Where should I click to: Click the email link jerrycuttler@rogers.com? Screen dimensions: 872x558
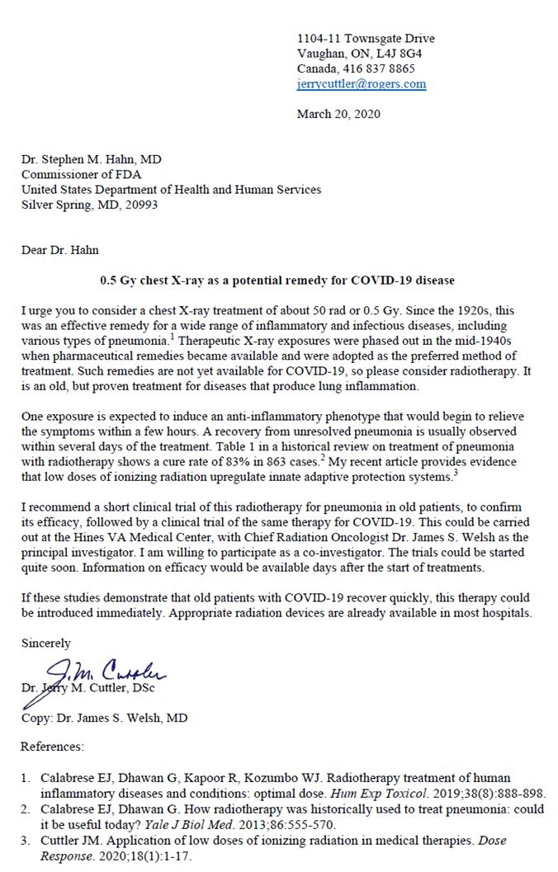(x=361, y=84)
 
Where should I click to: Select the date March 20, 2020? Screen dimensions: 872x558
(x=338, y=115)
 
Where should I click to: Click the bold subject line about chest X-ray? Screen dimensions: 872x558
(x=277, y=280)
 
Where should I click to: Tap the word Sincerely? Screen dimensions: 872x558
(x=47, y=643)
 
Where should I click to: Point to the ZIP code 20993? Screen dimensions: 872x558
(x=139, y=205)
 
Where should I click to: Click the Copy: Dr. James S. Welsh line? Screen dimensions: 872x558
(x=104, y=718)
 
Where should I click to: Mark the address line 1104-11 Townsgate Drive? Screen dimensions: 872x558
(x=365, y=39)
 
